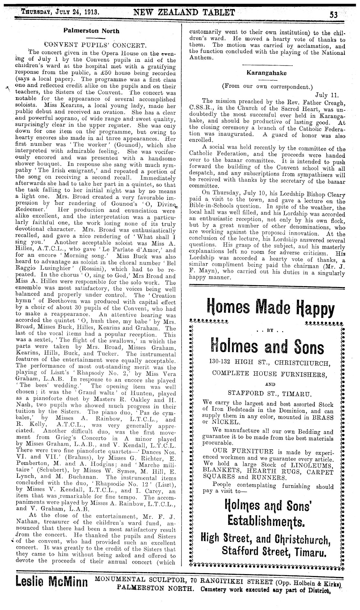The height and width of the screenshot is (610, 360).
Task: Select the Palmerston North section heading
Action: point(91,31)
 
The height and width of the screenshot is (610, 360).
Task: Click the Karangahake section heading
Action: point(267,73)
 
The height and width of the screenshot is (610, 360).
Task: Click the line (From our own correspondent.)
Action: point(267,87)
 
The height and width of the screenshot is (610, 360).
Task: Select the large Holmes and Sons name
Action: point(267,347)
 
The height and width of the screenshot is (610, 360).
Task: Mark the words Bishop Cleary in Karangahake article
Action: point(327,195)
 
